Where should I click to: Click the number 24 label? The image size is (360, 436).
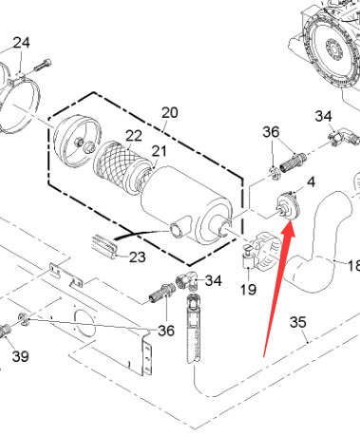(x=22, y=43)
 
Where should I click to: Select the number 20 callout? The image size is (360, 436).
(x=170, y=112)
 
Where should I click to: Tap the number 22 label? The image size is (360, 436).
(x=134, y=136)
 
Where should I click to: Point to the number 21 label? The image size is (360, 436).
(x=159, y=151)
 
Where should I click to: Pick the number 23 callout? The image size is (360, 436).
(x=138, y=257)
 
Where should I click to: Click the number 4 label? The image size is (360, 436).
(x=312, y=182)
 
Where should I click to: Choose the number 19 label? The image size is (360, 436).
(x=248, y=289)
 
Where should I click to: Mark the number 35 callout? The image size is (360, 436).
(x=298, y=322)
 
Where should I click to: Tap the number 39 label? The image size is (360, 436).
(x=21, y=356)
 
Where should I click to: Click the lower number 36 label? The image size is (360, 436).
(x=166, y=331)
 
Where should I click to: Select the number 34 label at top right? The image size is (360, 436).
(x=323, y=116)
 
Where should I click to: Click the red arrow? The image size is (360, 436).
(x=279, y=289)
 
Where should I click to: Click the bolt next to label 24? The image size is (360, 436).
(x=42, y=65)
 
